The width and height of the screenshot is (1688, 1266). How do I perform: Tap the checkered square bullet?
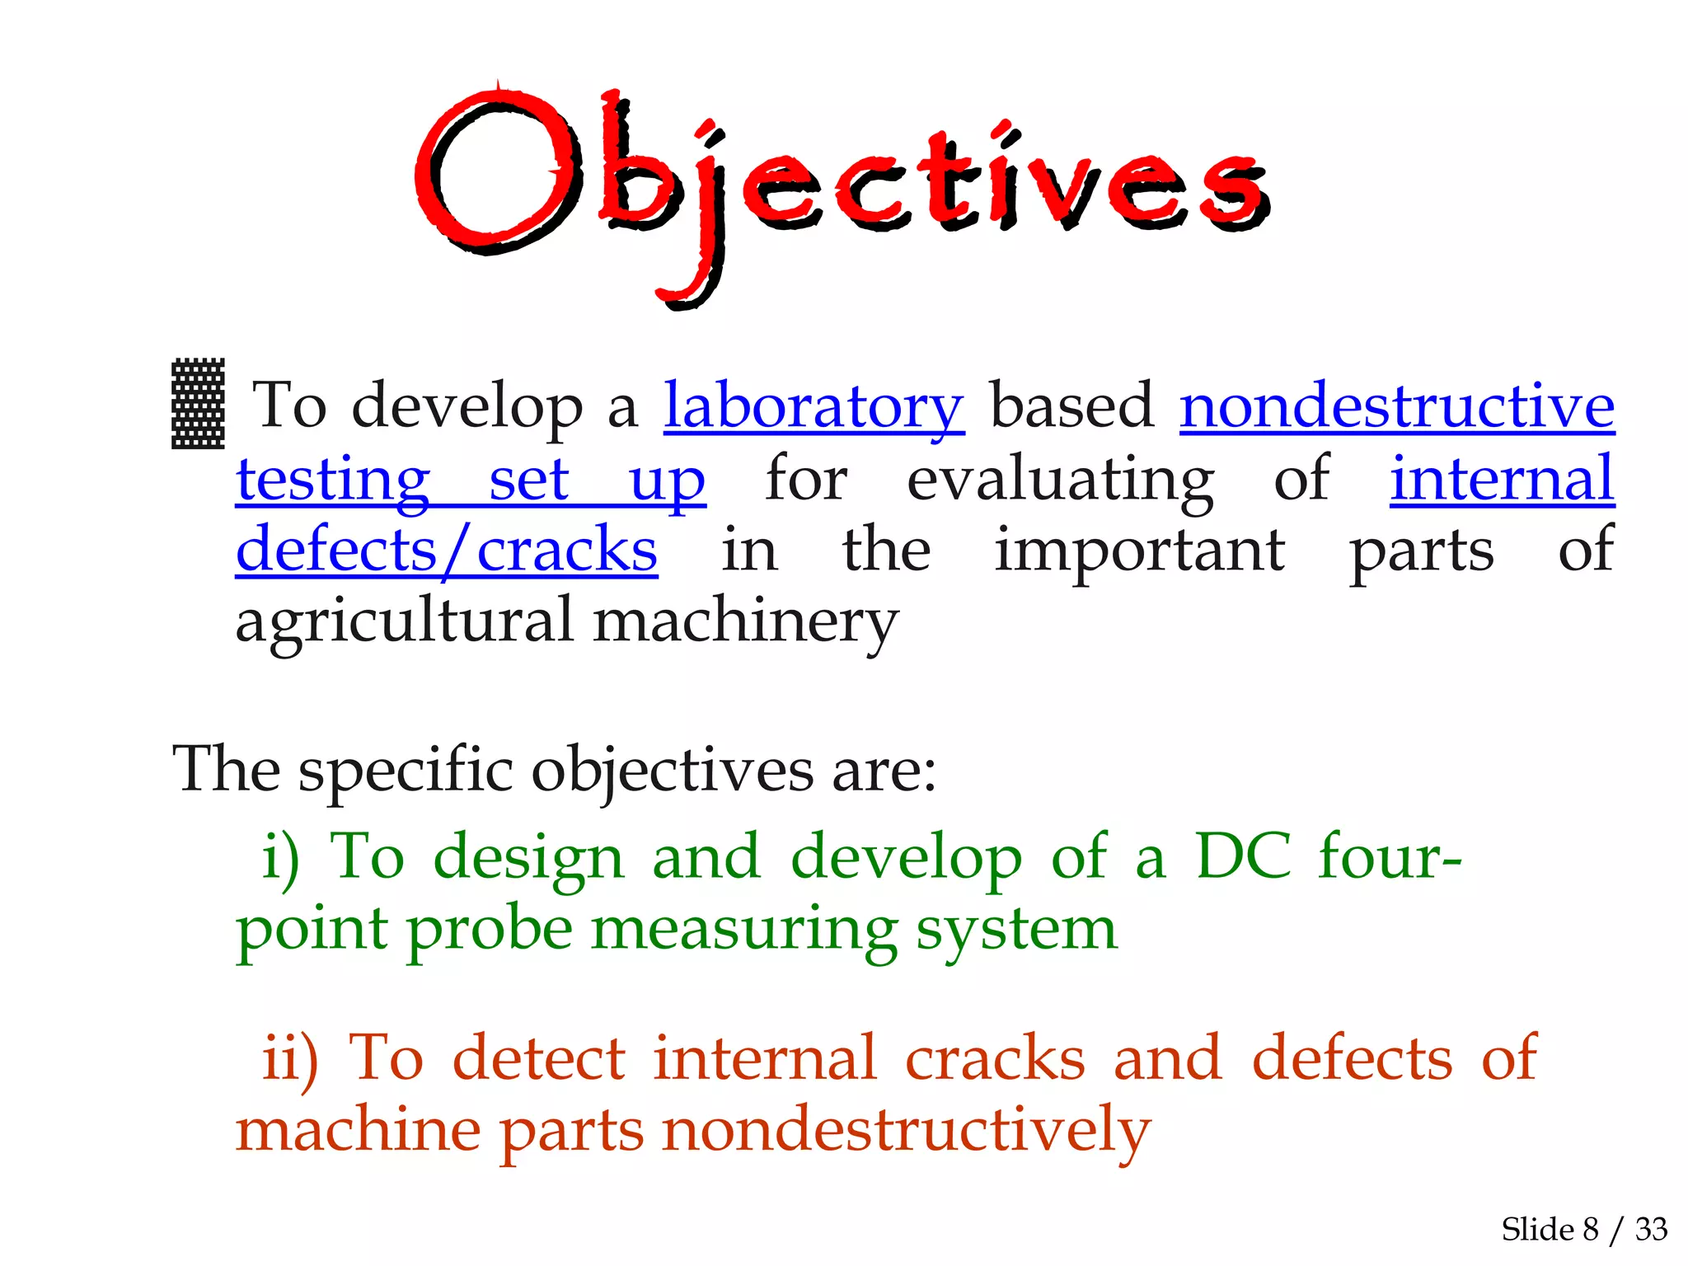pos(198,403)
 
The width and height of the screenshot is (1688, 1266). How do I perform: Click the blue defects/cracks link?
pos(446,550)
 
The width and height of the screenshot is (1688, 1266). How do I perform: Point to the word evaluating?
pos(1059,479)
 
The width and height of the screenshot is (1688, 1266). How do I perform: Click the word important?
pos(1139,550)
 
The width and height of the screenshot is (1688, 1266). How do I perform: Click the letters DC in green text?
pos(1243,857)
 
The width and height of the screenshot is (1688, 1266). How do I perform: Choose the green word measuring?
pos(743,930)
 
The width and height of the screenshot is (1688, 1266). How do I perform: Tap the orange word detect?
pos(539,1058)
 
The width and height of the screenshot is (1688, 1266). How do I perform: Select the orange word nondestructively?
pos(906,1131)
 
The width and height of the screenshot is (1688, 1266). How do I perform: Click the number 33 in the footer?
pos(1651,1230)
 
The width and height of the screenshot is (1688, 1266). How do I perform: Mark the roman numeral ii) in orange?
pos(289,1058)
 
